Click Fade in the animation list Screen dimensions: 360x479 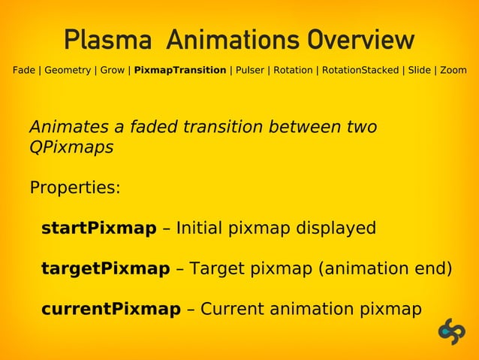click(23, 71)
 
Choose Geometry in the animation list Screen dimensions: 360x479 click(68, 71)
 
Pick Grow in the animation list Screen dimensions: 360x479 click(113, 71)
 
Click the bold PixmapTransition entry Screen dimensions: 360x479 click(180, 71)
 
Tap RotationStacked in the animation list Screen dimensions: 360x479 click(360, 71)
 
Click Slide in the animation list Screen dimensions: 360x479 click(419, 71)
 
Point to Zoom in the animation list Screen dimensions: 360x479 click(453, 71)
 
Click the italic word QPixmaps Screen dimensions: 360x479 click(71, 147)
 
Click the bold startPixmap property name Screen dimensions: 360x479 click(98, 228)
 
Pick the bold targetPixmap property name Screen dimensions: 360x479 click(105, 269)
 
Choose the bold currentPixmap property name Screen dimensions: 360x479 click(110, 310)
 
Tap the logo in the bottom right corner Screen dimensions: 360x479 click(452, 331)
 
